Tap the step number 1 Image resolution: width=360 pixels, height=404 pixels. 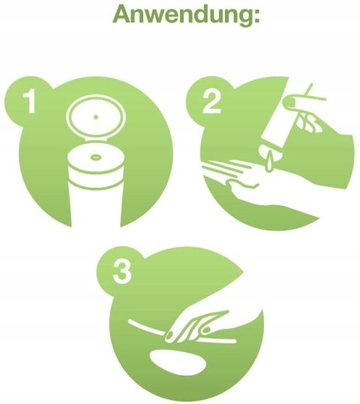click(30, 101)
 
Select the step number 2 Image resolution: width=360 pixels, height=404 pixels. click(211, 103)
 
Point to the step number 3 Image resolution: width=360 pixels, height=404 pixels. click(122, 273)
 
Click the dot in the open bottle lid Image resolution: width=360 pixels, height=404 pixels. click(96, 117)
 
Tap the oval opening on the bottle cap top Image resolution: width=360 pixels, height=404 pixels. click(96, 156)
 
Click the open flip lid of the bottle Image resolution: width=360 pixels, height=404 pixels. click(96, 116)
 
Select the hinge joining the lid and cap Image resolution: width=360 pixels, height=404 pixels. click(96, 140)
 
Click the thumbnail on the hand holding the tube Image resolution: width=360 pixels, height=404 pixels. click(290, 102)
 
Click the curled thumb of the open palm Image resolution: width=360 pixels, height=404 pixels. click(243, 184)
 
